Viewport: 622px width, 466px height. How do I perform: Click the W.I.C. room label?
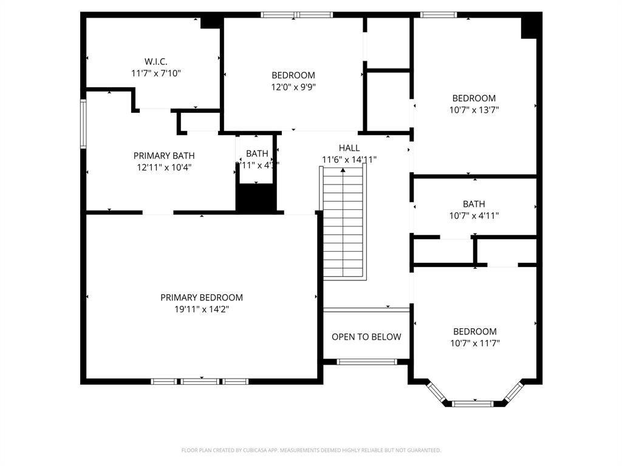coord(155,61)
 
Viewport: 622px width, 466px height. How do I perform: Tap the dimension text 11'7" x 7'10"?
coord(155,73)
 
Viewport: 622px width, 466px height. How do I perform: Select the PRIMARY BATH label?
coord(164,156)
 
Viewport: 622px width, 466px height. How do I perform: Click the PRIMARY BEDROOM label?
coord(202,297)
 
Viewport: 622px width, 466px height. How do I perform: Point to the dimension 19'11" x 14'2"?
coord(202,309)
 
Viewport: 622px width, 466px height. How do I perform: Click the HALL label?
coord(349,148)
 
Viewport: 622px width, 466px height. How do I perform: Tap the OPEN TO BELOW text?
coord(366,337)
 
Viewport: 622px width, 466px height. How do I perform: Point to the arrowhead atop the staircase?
coord(344,171)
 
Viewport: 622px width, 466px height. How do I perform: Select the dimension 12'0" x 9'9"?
coord(293,87)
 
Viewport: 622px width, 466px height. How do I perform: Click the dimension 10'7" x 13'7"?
coord(474,110)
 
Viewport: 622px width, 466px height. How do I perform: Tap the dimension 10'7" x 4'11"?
coord(474,215)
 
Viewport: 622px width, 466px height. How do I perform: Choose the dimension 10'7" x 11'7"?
coord(474,343)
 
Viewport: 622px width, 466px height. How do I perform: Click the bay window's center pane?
coord(473,403)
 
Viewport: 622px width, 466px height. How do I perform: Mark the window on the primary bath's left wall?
coord(84,124)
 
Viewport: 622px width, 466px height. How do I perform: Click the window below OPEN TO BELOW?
coord(367,362)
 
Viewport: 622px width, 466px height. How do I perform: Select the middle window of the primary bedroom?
coord(200,381)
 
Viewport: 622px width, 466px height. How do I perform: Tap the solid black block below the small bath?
coord(256,198)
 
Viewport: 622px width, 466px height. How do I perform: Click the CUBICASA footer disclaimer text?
coord(311,450)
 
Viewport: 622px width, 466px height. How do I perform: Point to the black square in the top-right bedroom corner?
coord(530,26)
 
